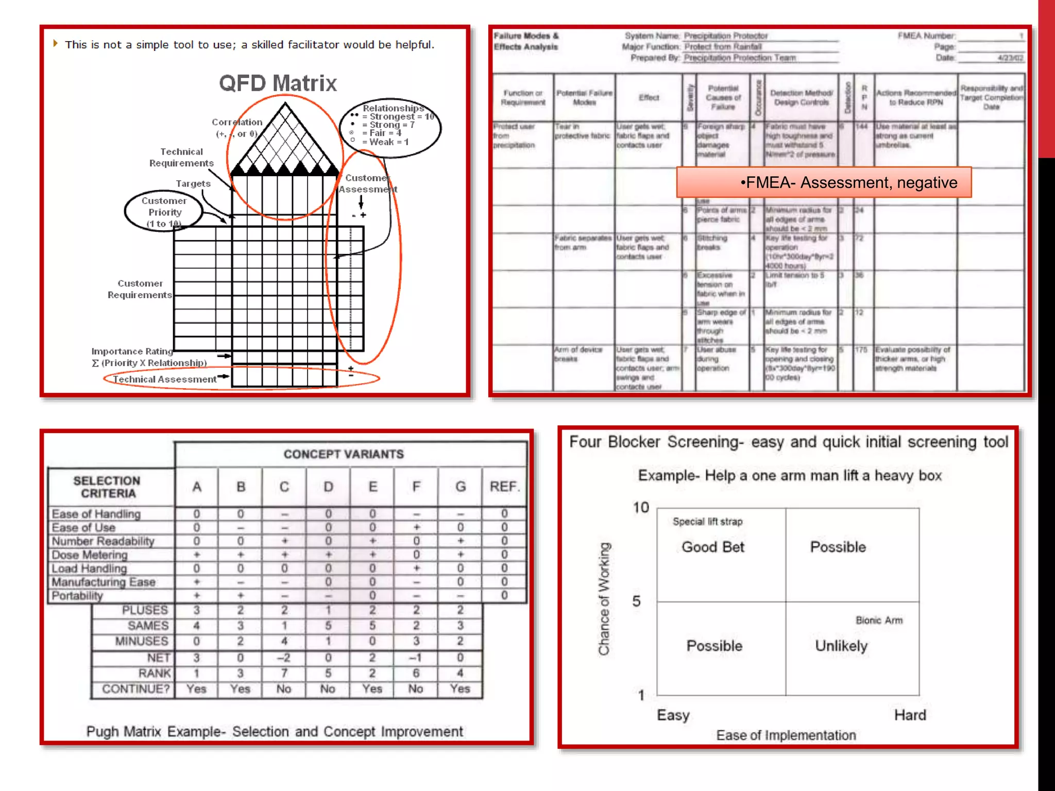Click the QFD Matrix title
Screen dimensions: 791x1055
pyautogui.click(x=278, y=83)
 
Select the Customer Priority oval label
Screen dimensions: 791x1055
pyautogui.click(x=164, y=212)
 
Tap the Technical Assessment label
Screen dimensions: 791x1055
pyautogui.click(x=164, y=380)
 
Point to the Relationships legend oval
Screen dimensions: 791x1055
pyautogui.click(x=390, y=127)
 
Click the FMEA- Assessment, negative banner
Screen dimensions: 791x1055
pyautogui.click(x=824, y=182)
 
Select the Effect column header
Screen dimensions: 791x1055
pyautogui.click(x=649, y=97)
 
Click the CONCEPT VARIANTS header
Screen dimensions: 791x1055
pyautogui.click(x=344, y=454)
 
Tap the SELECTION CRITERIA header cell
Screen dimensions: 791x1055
pyautogui.click(x=107, y=487)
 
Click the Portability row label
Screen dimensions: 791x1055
pyautogui.click(x=78, y=596)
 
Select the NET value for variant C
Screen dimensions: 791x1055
pyautogui.click(x=284, y=658)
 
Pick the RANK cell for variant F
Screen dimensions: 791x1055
pyautogui.click(x=416, y=673)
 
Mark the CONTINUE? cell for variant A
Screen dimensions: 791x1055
pyautogui.click(x=196, y=689)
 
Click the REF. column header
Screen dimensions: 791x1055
pyautogui.click(x=504, y=487)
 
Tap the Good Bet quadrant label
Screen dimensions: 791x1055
pyautogui.click(x=713, y=547)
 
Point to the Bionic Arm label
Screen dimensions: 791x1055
pyautogui.click(x=879, y=621)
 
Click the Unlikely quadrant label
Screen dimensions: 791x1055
pyautogui.click(x=841, y=646)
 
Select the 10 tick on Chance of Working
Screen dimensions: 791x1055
pyautogui.click(x=641, y=508)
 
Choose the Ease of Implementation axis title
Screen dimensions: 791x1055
pyautogui.click(x=786, y=735)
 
